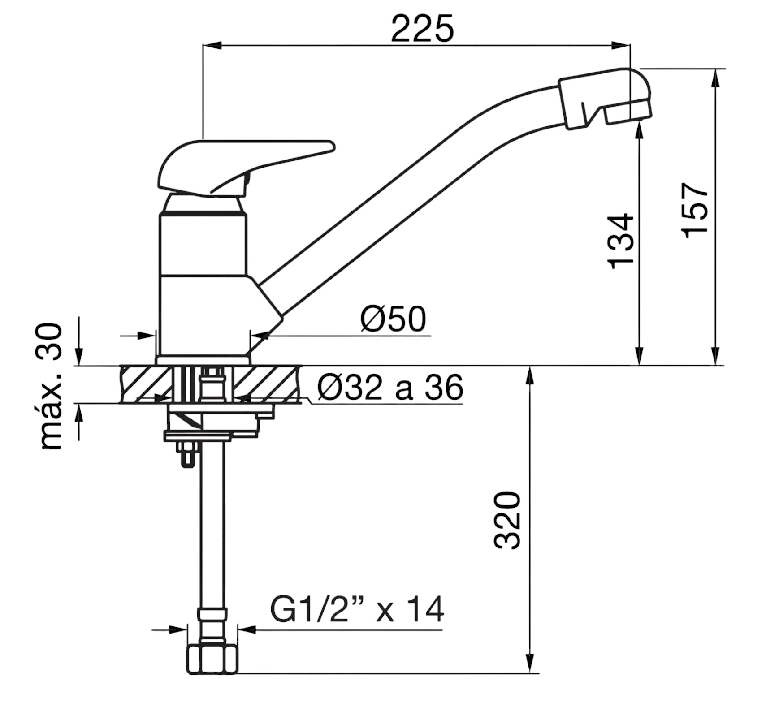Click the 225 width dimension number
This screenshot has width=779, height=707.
(x=423, y=28)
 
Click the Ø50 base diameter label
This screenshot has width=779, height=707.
(x=393, y=319)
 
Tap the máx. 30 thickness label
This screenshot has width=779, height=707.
(x=50, y=386)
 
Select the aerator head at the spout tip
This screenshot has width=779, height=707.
(x=605, y=99)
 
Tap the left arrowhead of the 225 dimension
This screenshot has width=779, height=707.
(x=212, y=45)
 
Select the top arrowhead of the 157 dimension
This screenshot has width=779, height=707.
(x=716, y=79)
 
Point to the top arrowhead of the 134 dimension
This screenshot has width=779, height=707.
(x=640, y=130)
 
